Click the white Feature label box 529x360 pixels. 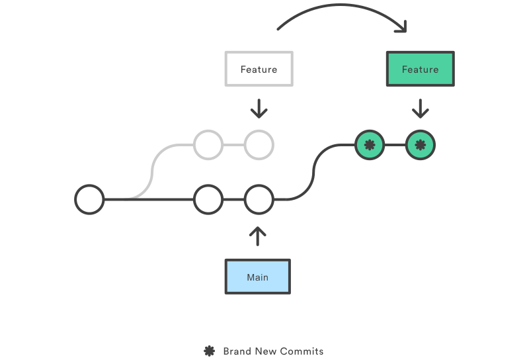pos(259,69)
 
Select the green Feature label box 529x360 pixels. pos(420,69)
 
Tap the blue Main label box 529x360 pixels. pos(258,277)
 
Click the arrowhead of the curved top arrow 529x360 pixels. pos(401,28)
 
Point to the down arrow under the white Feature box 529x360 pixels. pos(259,109)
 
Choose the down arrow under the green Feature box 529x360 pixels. pos(420,109)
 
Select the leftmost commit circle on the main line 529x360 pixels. pos(89,199)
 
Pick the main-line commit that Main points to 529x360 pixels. pos(259,199)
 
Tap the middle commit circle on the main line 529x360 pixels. pos(208,199)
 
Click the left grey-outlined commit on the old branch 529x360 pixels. pos(208,145)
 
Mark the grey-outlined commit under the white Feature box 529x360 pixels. pos(259,145)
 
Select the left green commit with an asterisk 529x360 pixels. pos(369,145)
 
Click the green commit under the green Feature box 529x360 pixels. pos(421,145)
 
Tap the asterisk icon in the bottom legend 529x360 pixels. pos(210,351)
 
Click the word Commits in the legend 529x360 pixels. pos(302,351)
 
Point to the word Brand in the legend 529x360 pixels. pos(236,351)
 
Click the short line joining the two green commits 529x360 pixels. pos(395,145)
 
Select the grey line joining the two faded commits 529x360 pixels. pos(233,145)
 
